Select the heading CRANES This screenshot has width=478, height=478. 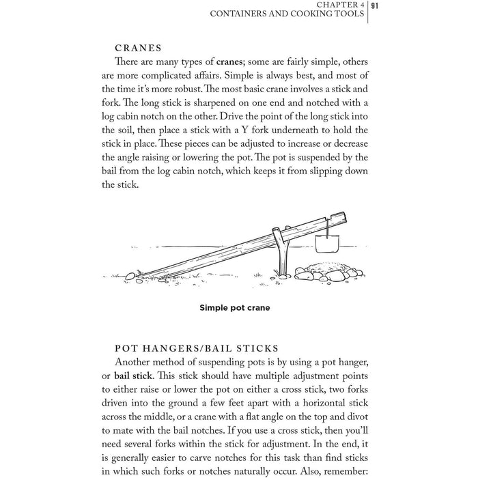pos(139,48)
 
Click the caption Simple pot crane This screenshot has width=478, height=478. pos(234,308)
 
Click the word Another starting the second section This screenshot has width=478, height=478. pos(136,361)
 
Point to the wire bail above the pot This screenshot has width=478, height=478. pos(328,226)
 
